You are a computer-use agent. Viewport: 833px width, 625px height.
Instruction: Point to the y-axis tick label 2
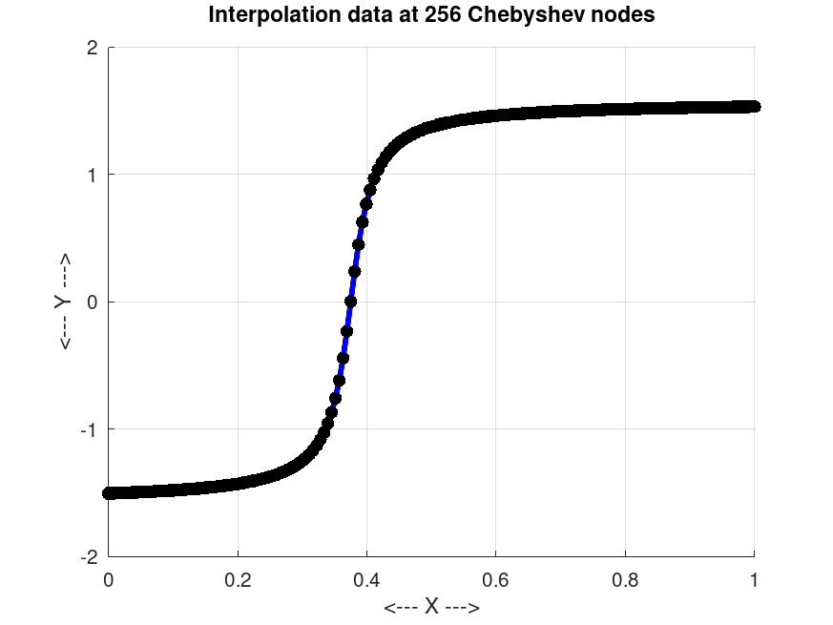click(x=93, y=48)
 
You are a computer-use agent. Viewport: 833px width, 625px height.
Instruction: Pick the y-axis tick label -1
click(x=90, y=429)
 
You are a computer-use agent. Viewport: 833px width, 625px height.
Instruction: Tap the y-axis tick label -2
click(x=90, y=556)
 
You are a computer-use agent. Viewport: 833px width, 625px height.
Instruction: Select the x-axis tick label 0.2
click(x=238, y=578)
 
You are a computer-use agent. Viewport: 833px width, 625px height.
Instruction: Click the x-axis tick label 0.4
click(x=367, y=578)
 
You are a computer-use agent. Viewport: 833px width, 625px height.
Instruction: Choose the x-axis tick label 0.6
click(x=496, y=578)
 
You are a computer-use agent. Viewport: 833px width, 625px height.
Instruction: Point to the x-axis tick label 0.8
click(x=625, y=578)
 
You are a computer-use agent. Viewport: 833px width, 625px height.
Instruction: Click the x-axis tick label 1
click(x=755, y=578)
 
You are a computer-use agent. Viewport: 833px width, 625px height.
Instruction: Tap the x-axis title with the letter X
click(x=431, y=608)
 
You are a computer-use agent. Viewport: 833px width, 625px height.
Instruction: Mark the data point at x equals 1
click(x=754, y=106)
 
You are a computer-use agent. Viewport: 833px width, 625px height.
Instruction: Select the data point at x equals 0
click(x=109, y=493)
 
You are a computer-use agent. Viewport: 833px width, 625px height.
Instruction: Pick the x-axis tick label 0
click(x=109, y=578)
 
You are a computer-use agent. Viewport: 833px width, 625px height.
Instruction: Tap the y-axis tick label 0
click(x=93, y=302)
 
